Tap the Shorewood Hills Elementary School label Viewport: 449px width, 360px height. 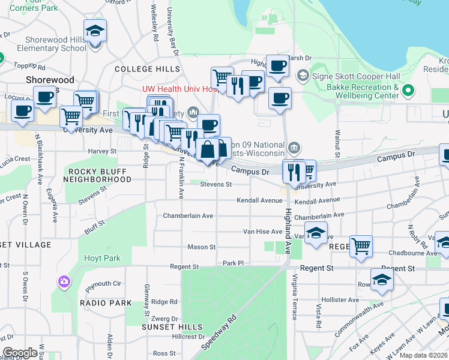point(52,44)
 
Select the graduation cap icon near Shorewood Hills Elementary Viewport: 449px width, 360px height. point(95,31)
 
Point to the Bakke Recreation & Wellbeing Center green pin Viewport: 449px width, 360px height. point(408,91)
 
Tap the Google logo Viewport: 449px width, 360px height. point(20,353)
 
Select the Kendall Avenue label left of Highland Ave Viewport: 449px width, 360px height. point(259,200)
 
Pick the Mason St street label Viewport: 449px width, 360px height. point(202,247)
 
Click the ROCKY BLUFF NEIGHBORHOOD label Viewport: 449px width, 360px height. point(97,175)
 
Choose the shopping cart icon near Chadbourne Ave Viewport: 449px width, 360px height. point(361,245)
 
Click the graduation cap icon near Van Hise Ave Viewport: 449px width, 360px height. point(316,233)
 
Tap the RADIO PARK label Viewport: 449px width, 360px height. point(106,303)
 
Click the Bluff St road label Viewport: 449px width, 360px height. point(95,227)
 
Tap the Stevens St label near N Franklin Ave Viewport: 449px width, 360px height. point(216,185)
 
